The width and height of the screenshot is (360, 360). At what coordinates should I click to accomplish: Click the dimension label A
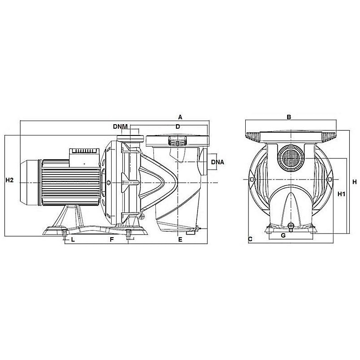pyautogui.click(x=180, y=117)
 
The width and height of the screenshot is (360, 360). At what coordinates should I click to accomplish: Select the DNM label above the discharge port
pyautogui.click(x=120, y=126)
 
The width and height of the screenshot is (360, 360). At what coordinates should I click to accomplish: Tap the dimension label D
pyautogui.click(x=178, y=126)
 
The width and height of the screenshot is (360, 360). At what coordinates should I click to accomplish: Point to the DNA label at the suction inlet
pyautogui.click(x=217, y=162)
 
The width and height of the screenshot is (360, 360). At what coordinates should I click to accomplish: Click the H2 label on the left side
pyautogui.click(x=9, y=180)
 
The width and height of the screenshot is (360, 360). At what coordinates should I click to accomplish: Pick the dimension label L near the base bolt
pyautogui.click(x=73, y=240)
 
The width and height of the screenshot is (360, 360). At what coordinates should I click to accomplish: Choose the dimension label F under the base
pyautogui.click(x=112, y=240)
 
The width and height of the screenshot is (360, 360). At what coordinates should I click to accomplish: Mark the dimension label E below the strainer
pyautogui.click(x=180, y=240)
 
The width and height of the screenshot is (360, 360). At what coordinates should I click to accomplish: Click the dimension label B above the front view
pyautogui.click(x=289, y=117)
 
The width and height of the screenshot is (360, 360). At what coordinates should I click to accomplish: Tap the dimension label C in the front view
pyautogui.click(x=250, y=239)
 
